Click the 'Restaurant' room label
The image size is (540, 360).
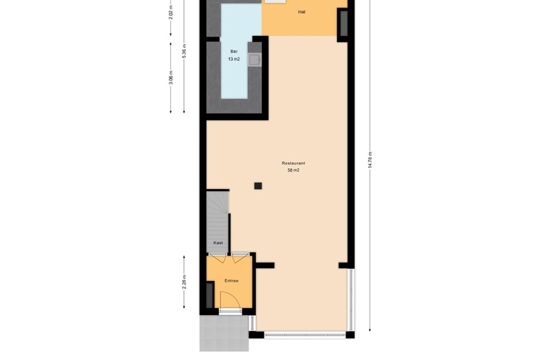(294, 163)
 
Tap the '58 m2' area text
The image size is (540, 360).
(294, 170)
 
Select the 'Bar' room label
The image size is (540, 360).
(234, 51)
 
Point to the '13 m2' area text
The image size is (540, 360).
(234, 60)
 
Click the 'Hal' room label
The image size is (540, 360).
(301, 12)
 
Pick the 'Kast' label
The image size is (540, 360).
(218, 243)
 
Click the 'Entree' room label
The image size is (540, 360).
(231, 280)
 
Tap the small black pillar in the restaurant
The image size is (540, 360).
(258, 186)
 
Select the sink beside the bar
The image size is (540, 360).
(255, 60)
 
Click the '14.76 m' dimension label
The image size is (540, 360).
(370, 159)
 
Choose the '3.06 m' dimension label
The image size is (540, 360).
(170, 77)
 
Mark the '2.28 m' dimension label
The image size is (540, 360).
(184, 282)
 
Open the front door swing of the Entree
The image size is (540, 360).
(229, 300)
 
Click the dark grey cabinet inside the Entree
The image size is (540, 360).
(210, 296)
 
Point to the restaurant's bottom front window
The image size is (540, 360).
(305, 336)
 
